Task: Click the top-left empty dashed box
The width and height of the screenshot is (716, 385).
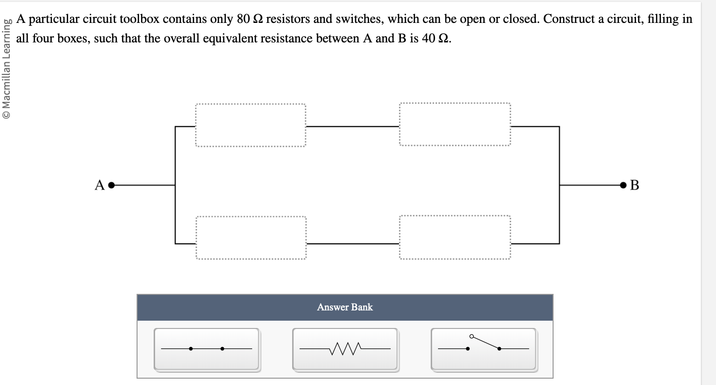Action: (250, 125)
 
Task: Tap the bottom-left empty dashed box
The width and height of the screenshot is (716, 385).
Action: (251, 238)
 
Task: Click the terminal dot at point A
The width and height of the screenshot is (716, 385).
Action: (111, 185)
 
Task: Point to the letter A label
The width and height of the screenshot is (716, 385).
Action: (100, 185)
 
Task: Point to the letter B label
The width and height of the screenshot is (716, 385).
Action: (634, 185)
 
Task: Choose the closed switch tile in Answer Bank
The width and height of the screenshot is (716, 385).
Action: (206, 349)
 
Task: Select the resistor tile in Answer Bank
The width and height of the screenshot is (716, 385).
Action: (345, 349)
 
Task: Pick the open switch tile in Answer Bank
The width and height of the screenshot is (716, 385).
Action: (483, 349)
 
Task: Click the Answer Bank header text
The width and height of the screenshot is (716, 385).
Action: (345, 307)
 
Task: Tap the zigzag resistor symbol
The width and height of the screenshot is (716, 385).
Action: (345, 348)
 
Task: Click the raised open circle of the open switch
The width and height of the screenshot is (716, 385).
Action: (471, 336)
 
